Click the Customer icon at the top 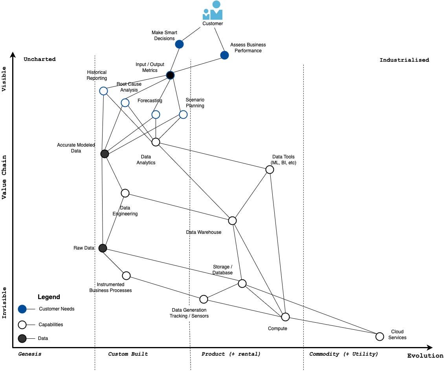click(x=213, y=11)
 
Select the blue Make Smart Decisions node click(x=179, y=44)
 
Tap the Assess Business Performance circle click(x=224, y=55)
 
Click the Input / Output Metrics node click(x=170, y=75)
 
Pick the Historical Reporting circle click(x=103, y=91)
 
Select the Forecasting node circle click(x=156, y=114)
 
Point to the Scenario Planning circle click(x=183, y=114)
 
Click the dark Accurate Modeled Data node click(x=105, y=154)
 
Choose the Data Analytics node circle click(x=156, y=142)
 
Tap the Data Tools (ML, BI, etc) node click(x=270, y=169)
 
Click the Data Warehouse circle click(x=232, y=220)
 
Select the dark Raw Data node click(x=103, y=248)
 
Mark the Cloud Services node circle click(x=380, y=336)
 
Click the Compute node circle click(x=285, y=317)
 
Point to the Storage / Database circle click(x=242, y=283)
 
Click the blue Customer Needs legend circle click(x=22, y=309)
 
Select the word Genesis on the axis click(x=30, y=354)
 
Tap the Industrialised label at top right click(x=404, y=60)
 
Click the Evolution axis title click(x=425, y=356)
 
